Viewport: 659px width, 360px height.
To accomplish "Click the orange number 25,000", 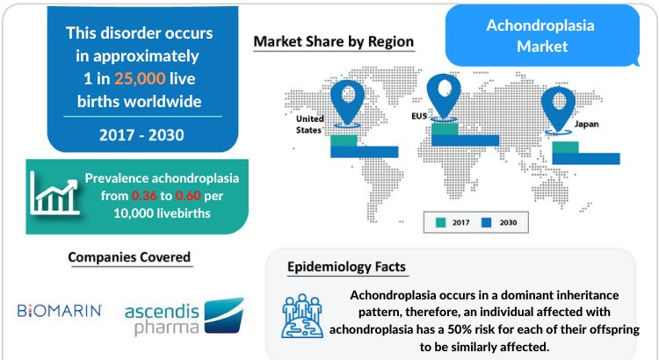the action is tap(140, 78).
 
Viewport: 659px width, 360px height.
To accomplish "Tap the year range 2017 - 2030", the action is tap(141, 135).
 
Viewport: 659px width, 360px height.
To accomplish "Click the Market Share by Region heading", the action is tap(334, 41).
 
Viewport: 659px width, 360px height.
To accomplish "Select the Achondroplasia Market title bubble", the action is tap(542, 36).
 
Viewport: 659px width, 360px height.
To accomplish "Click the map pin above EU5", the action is tap(444, 97).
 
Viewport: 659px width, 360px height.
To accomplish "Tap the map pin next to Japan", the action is tap(558, 110).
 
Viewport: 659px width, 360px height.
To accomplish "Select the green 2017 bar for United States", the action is tap(344, 140).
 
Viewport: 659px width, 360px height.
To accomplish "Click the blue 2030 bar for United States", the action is tap(365, 152).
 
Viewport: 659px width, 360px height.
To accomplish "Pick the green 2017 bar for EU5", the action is tap(445, 129).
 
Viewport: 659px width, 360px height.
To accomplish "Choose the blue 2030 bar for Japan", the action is tap(586, 159).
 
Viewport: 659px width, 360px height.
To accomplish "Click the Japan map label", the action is tap(586, 124).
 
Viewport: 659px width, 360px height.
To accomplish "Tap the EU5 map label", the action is tap(419, 116).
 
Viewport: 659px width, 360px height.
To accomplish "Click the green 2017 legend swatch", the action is tap(440, 223).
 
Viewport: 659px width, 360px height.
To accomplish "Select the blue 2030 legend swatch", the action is tap(486, 223).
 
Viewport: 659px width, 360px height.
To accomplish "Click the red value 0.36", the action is tap(144, 196).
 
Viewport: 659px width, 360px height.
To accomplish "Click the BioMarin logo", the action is tap(60, 311).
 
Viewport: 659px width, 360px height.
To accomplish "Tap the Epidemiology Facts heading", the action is tap(347, 267).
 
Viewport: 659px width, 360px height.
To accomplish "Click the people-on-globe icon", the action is tap(302, 316).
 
